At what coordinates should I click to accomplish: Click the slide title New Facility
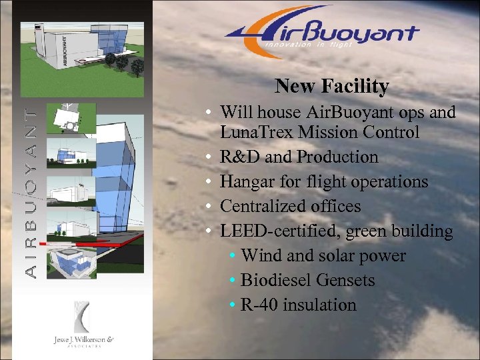coord(331,86)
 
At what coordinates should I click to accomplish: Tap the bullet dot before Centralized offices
coord(209,207)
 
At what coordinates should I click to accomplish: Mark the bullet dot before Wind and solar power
coord(231,256)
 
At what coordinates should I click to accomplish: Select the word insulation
coord(319,305)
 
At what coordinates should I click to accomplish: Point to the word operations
coord(385,182)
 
